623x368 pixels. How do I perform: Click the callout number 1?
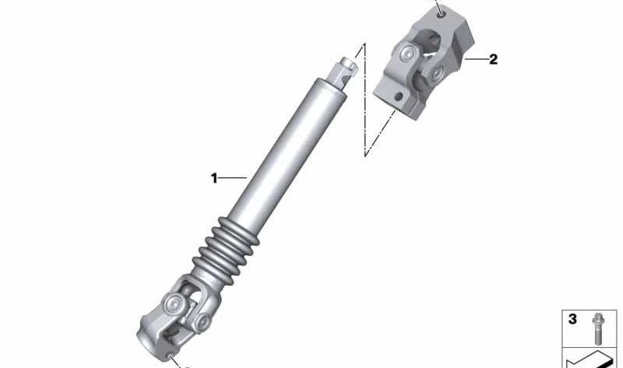pos(214,178)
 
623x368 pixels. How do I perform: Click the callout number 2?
pos(493,60)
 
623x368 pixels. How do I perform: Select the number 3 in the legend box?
pos(572,319)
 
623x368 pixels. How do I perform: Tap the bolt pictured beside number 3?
pos(597,328)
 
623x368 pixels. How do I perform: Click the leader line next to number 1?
pos(232,178)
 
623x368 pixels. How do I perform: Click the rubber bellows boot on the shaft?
pos(226,248)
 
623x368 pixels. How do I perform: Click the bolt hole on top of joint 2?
pos(442,15)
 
